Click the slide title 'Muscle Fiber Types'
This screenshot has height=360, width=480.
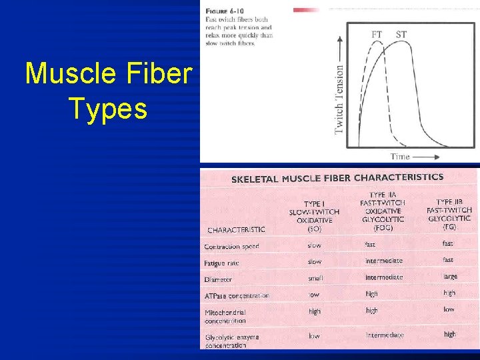coord(108,91)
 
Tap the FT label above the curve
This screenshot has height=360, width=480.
coord(377,34)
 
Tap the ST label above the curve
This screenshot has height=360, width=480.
coord(401,34)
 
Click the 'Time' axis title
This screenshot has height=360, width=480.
coord(400,156)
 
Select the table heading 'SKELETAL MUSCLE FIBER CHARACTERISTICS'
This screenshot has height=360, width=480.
coord(337,178)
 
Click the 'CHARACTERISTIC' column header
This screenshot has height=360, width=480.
coord(235,229)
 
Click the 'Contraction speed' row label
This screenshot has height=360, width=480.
coord(231,247)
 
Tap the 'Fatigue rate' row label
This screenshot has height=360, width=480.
coord(221,263)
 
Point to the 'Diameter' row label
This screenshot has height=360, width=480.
coord(219,279)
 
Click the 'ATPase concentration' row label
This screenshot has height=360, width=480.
coord(237,295)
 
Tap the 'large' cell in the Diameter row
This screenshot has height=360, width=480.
coord(450,276)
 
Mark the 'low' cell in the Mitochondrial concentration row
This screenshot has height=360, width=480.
coord(449,309)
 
